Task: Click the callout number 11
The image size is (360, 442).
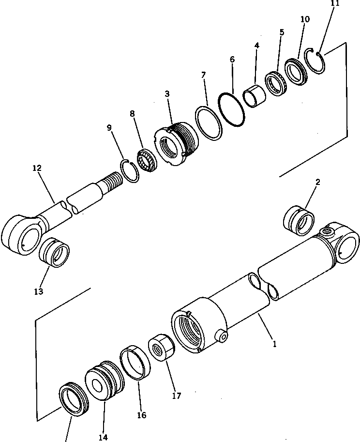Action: (335, 3)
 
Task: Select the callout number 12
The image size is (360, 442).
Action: (37, 168)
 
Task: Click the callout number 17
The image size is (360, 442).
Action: (176, 396)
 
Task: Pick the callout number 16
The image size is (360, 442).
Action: (141, 415)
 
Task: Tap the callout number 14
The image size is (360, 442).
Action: (103, 437)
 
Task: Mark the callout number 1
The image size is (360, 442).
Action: (274, 344)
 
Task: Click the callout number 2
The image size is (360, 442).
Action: (317, 182)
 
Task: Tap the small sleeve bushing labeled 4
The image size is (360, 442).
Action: (255, 95)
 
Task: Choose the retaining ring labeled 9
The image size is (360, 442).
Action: (129, 170)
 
